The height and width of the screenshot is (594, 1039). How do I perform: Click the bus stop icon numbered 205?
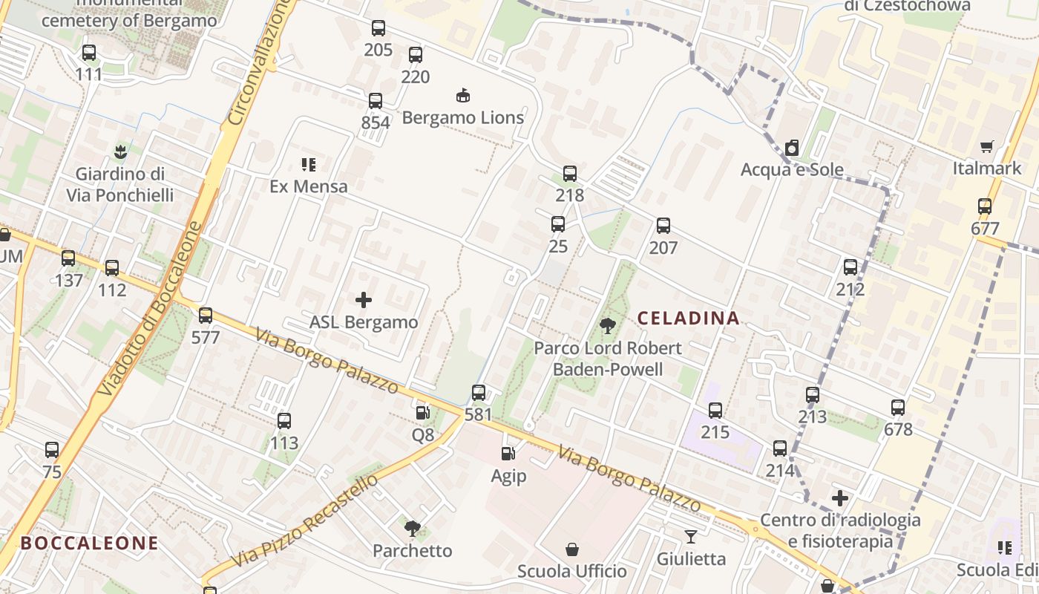[x=378, y=29]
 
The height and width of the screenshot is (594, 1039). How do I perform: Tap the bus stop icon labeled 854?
[x=376, y=101]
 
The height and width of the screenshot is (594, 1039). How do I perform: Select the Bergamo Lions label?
[x=463, y=117]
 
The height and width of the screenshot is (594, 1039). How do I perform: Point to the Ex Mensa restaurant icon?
[x=309, y=164]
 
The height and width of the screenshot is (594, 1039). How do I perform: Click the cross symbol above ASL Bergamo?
[x=364, y=300]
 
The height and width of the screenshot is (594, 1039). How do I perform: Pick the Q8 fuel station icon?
[x=422, y=412]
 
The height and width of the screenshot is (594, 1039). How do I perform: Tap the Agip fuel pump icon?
[x=508, y=453]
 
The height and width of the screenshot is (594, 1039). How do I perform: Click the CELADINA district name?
[x=689, y=319]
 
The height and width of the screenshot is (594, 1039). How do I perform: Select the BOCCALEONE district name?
[x=89, y=543]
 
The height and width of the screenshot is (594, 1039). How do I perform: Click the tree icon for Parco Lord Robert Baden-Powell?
[x=608, y=325]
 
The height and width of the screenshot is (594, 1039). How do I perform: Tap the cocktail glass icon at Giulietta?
[x=691, y=536]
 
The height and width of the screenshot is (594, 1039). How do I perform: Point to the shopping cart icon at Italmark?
[x=986, y=146]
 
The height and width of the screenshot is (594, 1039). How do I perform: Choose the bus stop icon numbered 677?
[x=985, y=206]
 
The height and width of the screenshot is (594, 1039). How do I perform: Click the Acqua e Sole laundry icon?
[x=792, y=148]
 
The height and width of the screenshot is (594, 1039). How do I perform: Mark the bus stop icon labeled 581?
[x=479, y=393]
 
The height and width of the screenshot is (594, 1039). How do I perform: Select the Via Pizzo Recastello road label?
[x=305, y=520]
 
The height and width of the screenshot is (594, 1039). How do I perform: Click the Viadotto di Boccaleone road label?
[x=149, y=309]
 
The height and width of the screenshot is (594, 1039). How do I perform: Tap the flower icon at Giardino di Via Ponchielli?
[x=119, y=152]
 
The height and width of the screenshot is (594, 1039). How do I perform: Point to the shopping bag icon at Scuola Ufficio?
[x=572, y=549]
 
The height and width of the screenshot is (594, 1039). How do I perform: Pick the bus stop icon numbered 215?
[x=715, y=410]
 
